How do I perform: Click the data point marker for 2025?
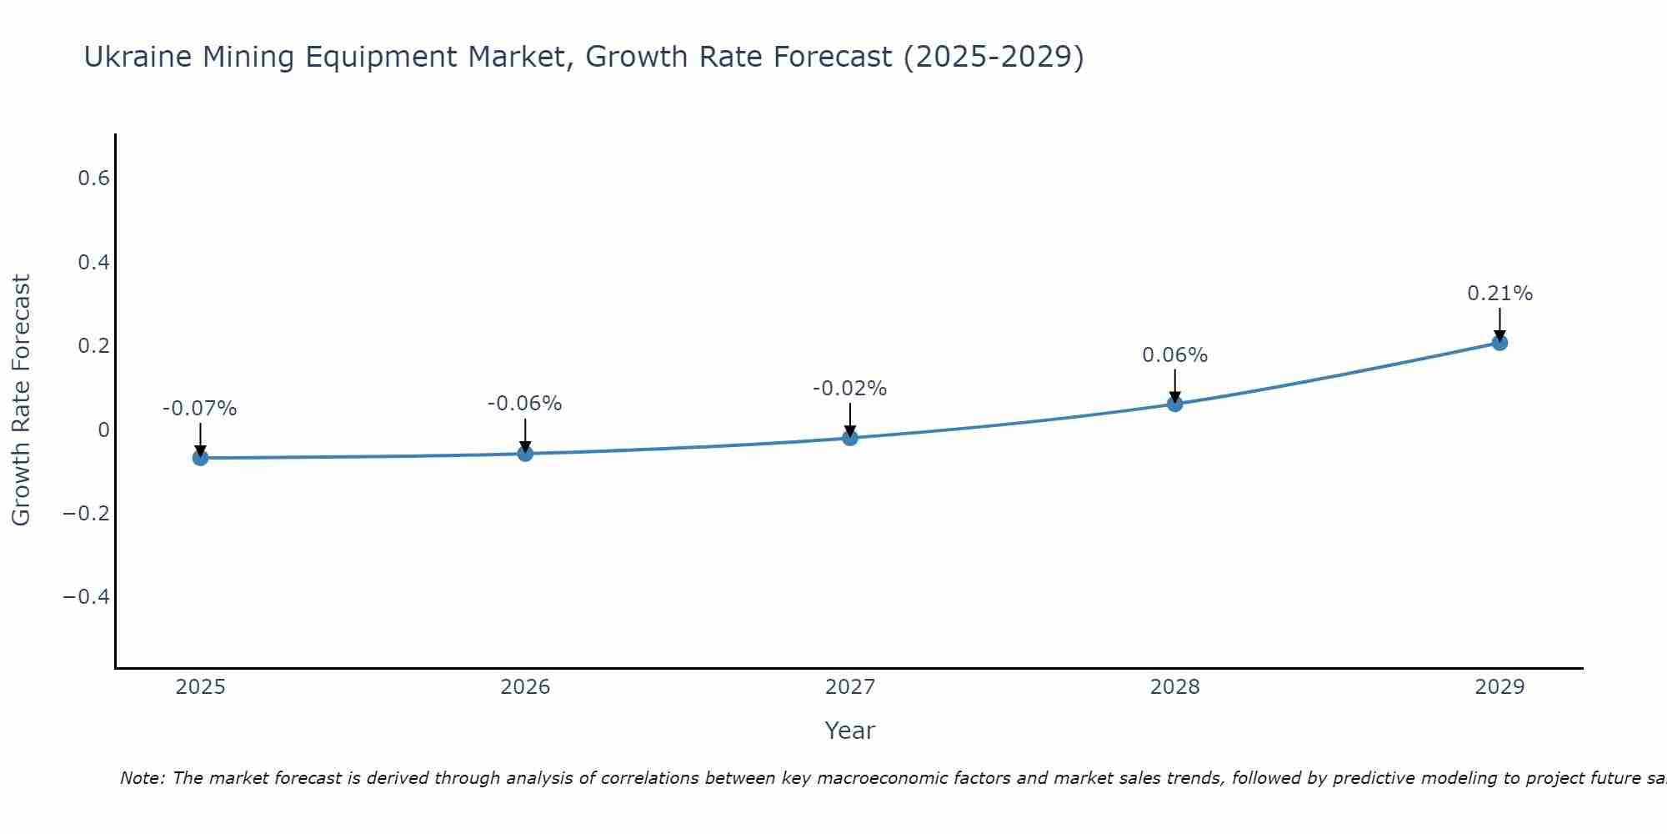[200, 458]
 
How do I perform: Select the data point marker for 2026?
[525, 454]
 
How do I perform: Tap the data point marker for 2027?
[850, 438]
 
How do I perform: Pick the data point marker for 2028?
[1175, 404]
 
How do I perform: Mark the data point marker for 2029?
[1499, 343]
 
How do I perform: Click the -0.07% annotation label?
[200, 409]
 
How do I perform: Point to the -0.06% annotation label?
[525, 404]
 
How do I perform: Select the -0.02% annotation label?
[850, 389]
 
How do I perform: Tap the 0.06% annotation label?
[1175, 355]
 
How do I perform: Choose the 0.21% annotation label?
[1499, 294]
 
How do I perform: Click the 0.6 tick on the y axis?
[94, 178]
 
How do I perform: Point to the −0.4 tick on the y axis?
[87, 596]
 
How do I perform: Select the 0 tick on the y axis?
[103, 430]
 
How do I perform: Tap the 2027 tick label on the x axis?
[850, 687]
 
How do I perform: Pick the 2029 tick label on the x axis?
[1499, 687]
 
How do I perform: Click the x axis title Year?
[850, 731]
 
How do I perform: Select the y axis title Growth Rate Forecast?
[21, 400]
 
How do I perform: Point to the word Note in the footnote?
[142, 778]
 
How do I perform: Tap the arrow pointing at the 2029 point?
[1499, 324]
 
